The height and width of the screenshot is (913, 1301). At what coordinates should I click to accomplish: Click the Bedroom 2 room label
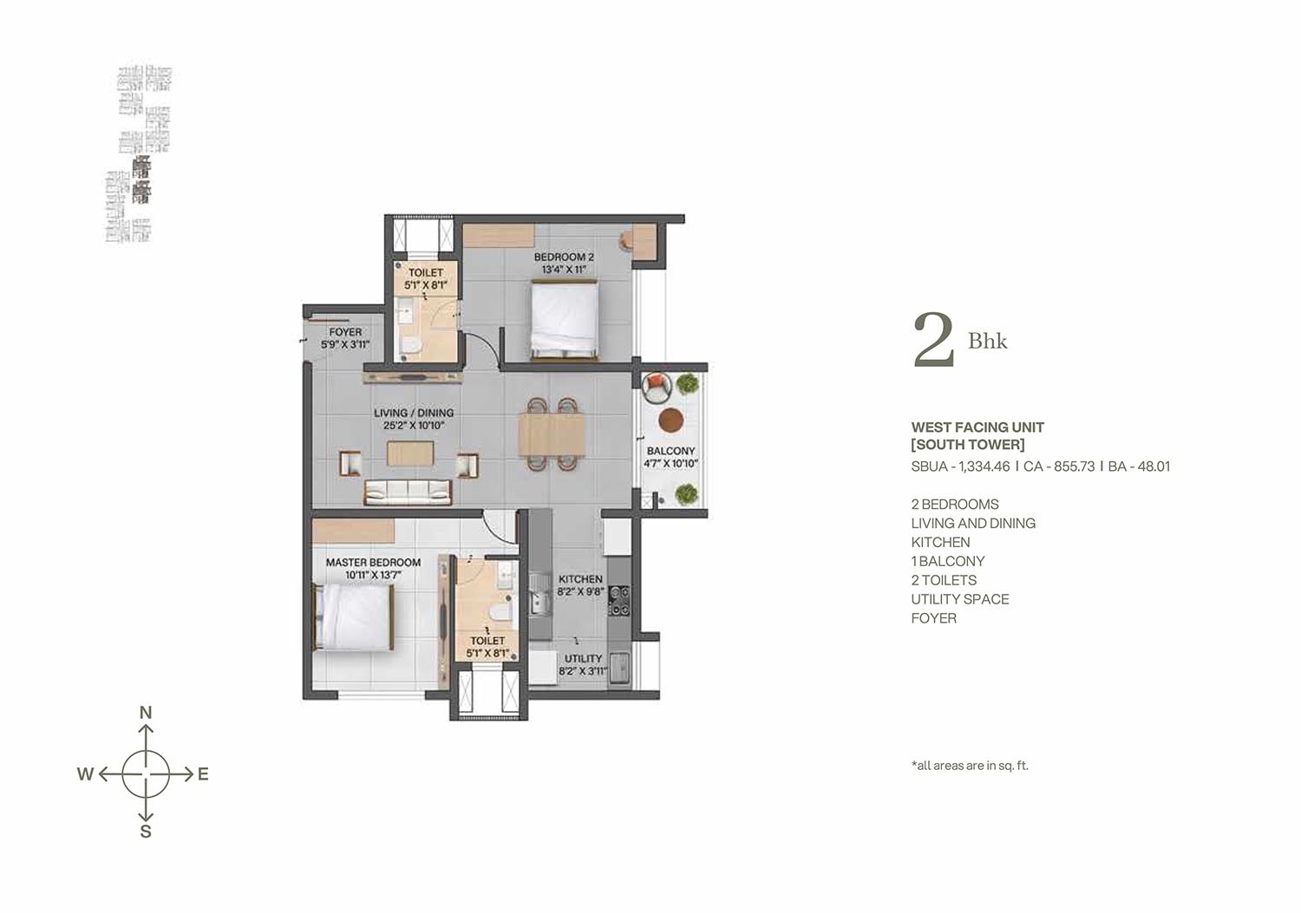point(564,257)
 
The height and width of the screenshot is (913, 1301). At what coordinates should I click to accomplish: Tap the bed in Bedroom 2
point(564,319)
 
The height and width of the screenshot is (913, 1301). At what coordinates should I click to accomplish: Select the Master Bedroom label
point(373,562)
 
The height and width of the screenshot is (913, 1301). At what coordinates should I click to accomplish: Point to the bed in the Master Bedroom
point(353,616)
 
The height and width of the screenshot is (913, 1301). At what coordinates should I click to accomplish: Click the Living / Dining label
point(414,413)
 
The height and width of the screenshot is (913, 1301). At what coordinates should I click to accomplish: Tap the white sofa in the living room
point(408,492)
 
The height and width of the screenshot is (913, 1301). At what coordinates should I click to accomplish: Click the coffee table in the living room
point(410,453)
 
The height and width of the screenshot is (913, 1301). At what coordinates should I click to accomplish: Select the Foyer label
point(345,332)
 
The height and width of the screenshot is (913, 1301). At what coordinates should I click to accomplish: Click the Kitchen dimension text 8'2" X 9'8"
point(581,592)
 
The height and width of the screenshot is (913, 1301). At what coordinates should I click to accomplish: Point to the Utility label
point(583,659)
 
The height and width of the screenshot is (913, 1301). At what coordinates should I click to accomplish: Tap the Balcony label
point(670,451)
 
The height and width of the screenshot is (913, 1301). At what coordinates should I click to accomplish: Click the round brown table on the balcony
point(670,420)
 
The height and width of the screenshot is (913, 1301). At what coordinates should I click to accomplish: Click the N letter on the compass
point(146,713)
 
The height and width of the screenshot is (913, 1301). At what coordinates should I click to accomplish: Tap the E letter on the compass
point(203,774)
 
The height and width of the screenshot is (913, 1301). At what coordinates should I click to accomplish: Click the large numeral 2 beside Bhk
point(934,340)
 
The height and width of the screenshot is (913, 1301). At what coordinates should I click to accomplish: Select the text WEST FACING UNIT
point(977,427)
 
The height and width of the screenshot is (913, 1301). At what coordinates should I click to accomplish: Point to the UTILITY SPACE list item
point(960,599)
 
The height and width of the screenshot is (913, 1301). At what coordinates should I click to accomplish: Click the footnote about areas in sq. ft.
point(970,766)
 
